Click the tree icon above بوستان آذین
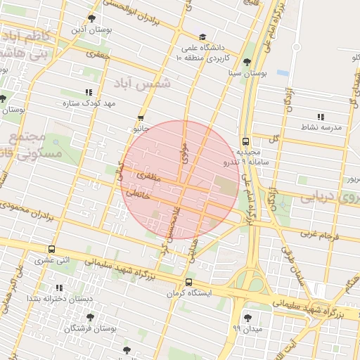point(91,18)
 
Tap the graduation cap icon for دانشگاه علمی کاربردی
point(202,37)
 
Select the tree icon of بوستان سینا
point(247,62)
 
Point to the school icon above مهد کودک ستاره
point(89,92)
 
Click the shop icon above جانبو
point(141,118)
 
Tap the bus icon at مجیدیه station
point(245,141)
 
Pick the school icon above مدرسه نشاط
point(321,117)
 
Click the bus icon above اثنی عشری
point(52,249)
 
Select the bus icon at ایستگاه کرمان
point(188,282)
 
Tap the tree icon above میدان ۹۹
point(247,317)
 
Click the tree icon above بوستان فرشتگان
point(90,317)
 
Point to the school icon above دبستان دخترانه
point(59,288)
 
